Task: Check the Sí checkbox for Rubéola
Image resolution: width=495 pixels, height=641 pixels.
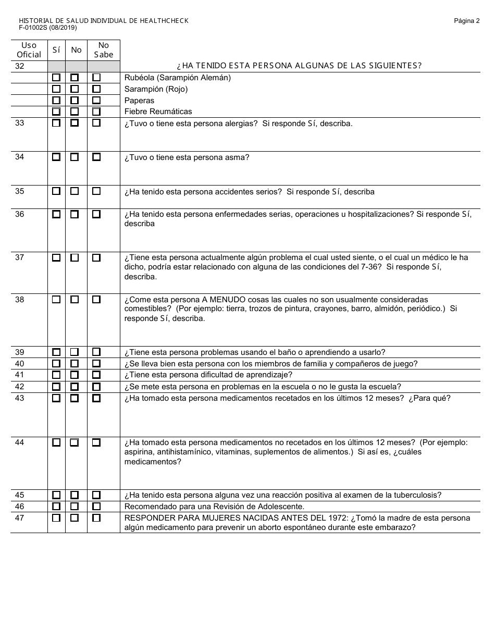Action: (56, 78)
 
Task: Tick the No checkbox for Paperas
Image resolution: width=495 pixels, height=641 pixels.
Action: (75, 100)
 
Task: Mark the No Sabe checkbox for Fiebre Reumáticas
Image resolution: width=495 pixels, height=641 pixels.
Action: (96, 112)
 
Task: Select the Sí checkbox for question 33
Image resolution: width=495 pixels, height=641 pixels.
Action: (56, 123)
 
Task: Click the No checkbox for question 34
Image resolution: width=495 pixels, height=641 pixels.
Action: (75, 157)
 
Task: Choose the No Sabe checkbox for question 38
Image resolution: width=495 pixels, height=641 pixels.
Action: (96, 300)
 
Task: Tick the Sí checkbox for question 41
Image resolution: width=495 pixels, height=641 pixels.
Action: (56, 375)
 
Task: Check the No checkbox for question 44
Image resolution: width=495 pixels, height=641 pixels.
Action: (75, 442)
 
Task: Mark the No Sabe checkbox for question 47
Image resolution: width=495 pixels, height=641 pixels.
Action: (96, 518)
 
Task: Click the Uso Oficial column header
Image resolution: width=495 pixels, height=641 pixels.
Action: (29, 50)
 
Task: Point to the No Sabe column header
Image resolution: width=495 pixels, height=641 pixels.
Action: (103, 50)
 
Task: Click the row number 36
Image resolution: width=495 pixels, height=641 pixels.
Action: (20, 214)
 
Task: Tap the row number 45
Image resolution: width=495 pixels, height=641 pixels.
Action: (20, 495)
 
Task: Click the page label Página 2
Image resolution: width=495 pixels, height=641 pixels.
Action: (466, 21)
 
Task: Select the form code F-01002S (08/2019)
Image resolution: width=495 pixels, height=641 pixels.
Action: (47, 28)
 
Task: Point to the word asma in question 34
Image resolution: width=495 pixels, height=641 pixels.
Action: (237, 157)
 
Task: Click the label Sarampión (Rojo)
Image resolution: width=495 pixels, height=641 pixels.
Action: (156, 89)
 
